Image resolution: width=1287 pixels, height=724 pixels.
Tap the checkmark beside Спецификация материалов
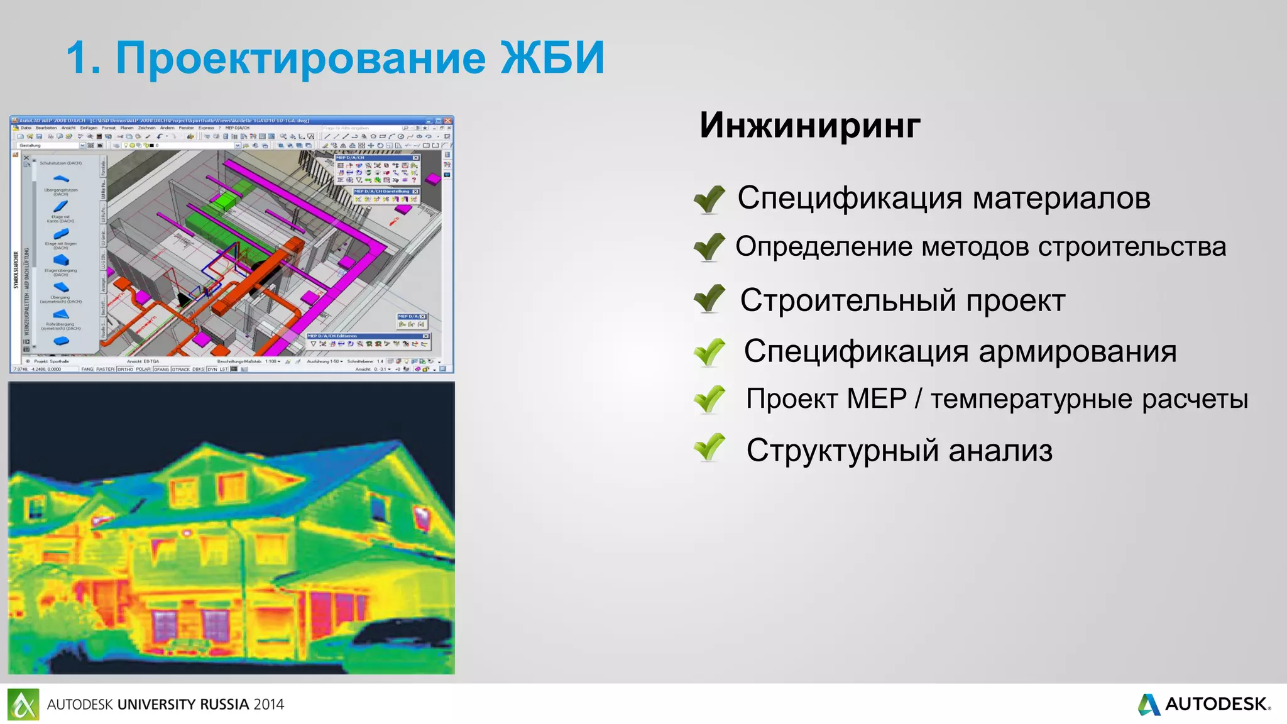tap(709, 200)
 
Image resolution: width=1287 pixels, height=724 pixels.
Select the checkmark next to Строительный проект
tap(709, 299)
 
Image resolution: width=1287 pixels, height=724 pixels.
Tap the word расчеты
tap(1194, 400)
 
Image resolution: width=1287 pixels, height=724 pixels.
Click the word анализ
tap(1000, 451)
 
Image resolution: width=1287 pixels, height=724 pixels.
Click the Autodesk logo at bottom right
tap(1203, 704)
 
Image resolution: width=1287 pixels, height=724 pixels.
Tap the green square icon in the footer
tap(23, 704)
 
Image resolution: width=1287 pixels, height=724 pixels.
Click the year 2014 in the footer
tap(269, 705)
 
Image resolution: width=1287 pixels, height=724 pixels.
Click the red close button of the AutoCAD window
tap(448, 120)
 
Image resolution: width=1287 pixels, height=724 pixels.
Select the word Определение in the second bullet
tap(823, 247)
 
